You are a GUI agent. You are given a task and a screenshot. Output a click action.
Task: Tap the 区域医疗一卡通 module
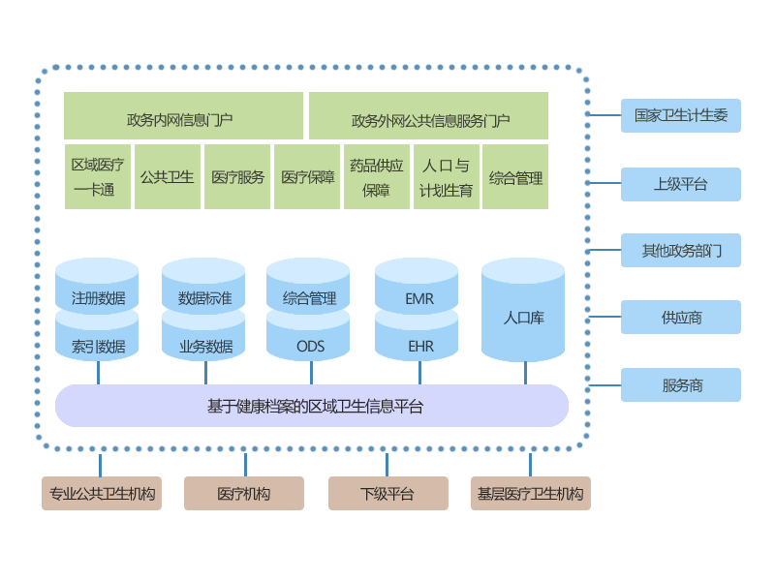[98, 177]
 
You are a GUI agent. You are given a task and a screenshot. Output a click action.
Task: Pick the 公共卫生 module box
[168, 177]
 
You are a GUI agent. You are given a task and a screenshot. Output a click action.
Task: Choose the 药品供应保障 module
[376, 177]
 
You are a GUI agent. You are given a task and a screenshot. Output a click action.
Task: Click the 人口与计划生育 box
[446, 177]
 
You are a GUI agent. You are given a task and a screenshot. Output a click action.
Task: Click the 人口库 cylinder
[523, 316]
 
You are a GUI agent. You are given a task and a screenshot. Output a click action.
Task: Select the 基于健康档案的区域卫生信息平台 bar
[312, 406]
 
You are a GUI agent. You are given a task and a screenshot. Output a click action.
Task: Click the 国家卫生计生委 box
[680, 115]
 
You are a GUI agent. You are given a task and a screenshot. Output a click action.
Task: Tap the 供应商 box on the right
[680, 318]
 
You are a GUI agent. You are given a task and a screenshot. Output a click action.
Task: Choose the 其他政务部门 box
[680, 251]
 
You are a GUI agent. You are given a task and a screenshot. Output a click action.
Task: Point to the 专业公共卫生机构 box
[102, 494]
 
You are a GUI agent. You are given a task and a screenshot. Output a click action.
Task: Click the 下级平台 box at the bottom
[387, 494]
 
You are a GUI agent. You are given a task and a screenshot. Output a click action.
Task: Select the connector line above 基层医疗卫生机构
[530, 465]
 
